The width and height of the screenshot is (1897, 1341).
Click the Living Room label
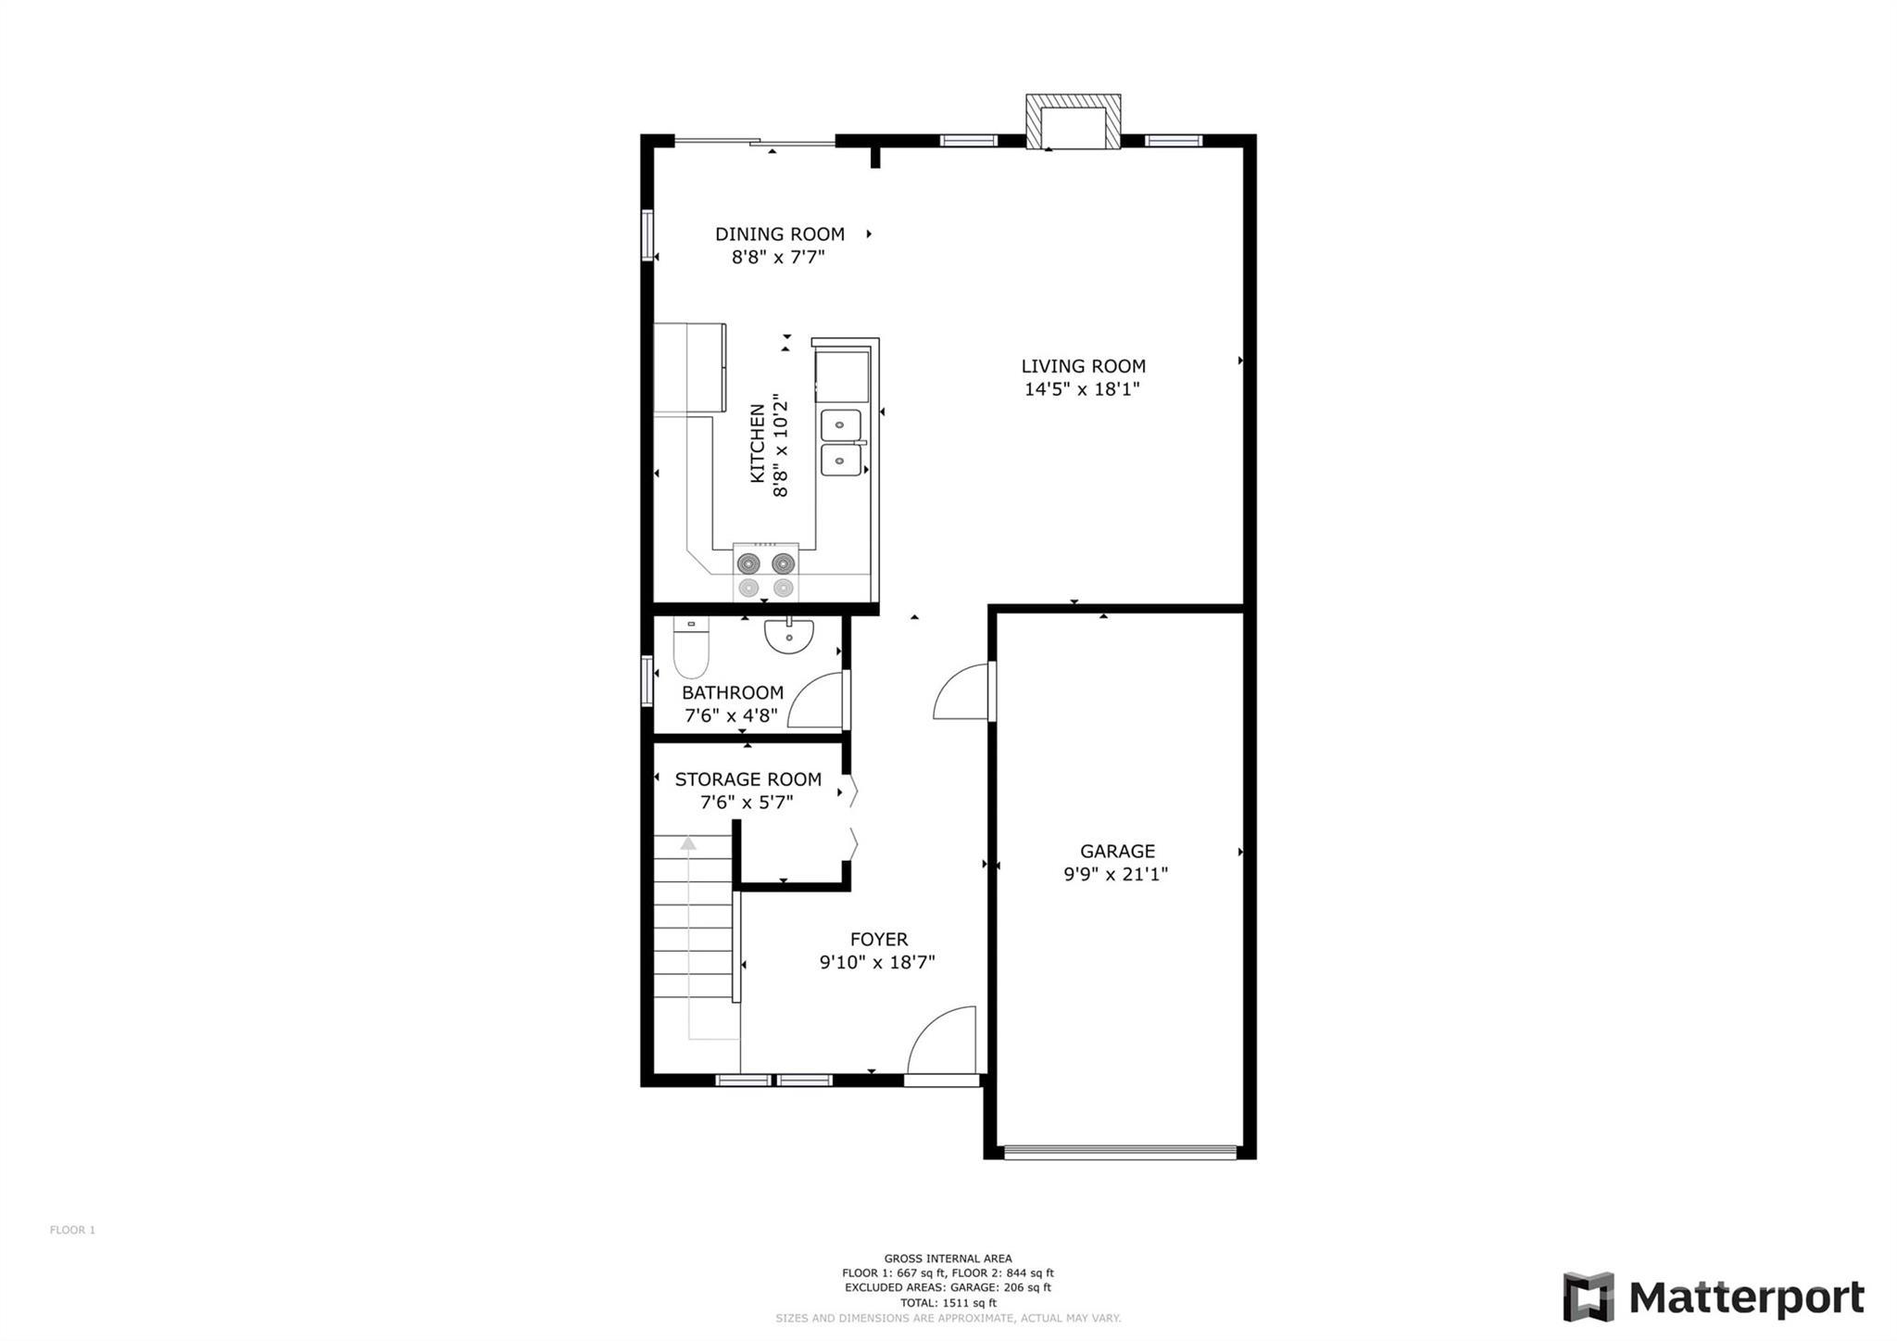pyautogui.click(x=1083, y=366)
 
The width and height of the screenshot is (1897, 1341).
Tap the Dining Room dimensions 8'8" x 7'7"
pyautogui.click(x=777, y=257)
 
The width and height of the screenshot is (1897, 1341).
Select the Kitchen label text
pyautogui.click(x=758, y=444)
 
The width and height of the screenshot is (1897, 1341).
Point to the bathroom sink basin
pyautogui.click(x=788, y=635)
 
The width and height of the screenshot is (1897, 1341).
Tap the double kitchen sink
pyautogui.click(x=841, y=443)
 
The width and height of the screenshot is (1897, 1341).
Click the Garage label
pyautogui.click(x=1117, y=851)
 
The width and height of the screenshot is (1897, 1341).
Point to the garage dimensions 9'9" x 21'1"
pyautogui.click(x=1115, y=874)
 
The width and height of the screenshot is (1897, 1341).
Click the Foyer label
pyautogui.click(x=878, y=939)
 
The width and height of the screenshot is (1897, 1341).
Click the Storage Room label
pyautogui.click(x=747, y=779)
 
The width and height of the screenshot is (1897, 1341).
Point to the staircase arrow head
pyautogui.click(x=687, y=842)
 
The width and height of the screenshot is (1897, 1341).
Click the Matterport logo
pyautogui.click(x=1713, y=1297)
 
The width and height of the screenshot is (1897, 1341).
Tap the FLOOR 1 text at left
pyautogui.click(x=72, y=1230)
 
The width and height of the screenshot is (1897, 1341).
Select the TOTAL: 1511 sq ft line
pyautogui.click(x=947, y=1302)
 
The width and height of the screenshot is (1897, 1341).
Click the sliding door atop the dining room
pyautogui.click(x=755, y=142)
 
